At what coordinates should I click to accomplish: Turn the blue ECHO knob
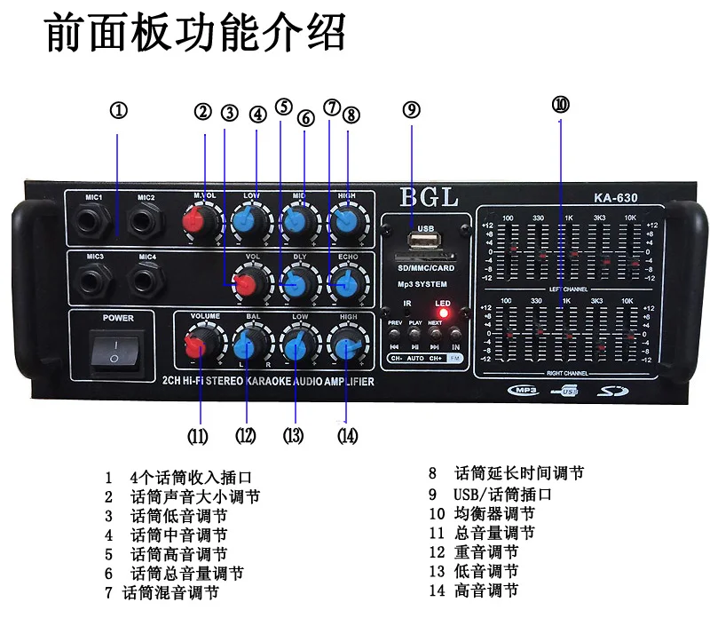tap(344, 284)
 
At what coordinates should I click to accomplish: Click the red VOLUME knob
tap(201, 345)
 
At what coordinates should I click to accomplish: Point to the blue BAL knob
tap(251, 345)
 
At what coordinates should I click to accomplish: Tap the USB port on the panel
tap(422, 240)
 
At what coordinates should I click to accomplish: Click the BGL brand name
tap(428, 197)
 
